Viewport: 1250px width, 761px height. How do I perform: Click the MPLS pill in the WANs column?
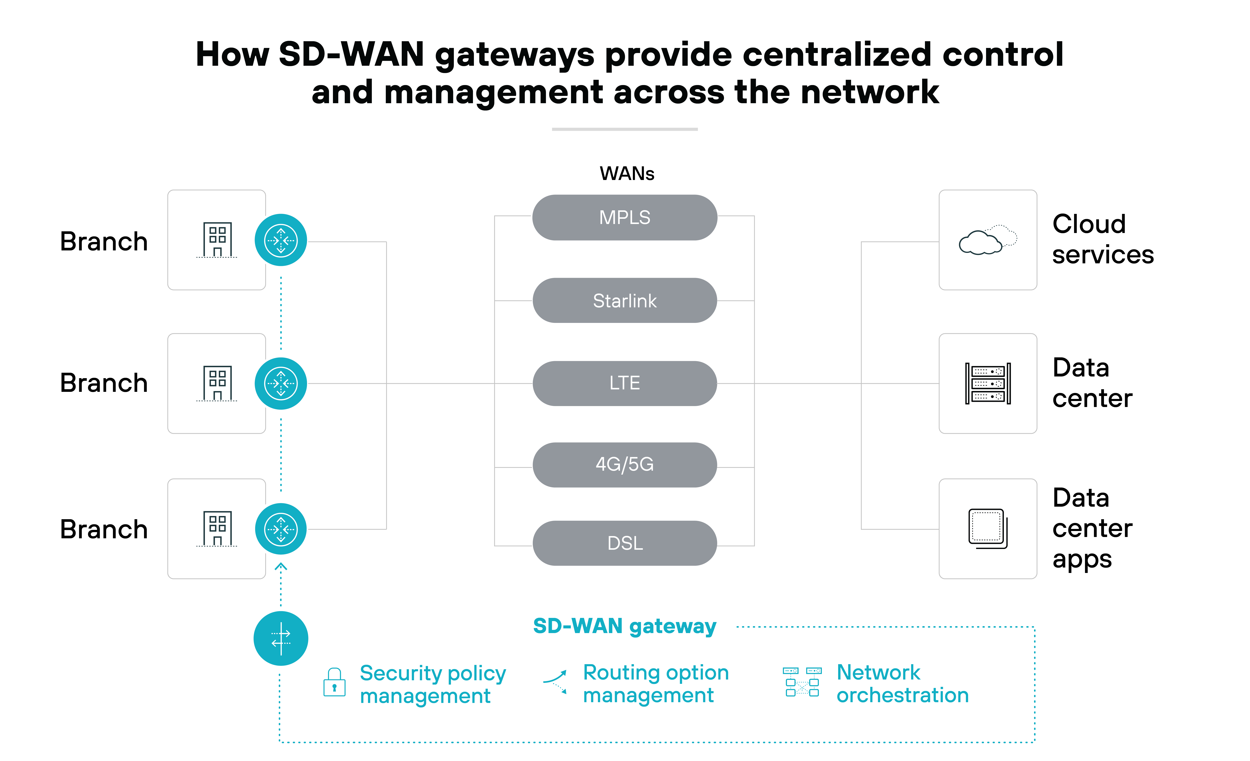[624, 217]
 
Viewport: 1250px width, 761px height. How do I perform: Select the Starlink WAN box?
[624, 301]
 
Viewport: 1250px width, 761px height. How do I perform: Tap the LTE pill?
[624, 383]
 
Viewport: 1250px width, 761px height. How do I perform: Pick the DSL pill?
[624, 543]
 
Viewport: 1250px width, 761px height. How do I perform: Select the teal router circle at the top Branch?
[281, 240]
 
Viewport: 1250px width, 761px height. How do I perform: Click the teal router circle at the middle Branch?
[281, 384]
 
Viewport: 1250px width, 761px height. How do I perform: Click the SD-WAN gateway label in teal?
[624, 627]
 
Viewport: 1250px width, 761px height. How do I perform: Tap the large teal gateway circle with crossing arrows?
[281, 638]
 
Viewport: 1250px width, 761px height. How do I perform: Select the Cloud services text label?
[1103, 239]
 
